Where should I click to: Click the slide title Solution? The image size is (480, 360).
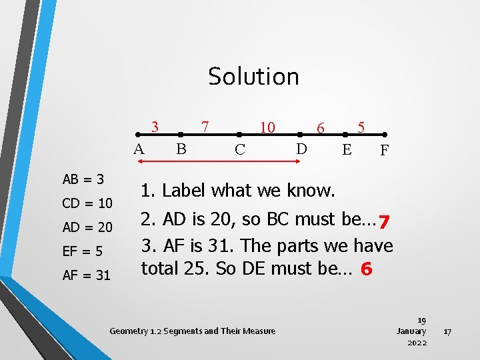(x=253, y=77)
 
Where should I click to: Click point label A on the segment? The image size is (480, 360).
(x=139, y=149)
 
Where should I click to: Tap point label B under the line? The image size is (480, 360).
(x=181, y=149)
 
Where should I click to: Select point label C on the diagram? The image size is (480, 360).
(x=240, y=150)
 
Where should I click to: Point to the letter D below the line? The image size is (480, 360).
(x=301, y=149)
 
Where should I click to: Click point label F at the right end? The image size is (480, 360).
(x=385, y=151)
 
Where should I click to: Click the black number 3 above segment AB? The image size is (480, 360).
(x=155, y=126)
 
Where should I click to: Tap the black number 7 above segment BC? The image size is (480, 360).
(x=206, y=126)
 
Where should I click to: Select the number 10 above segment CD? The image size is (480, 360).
(x=267, y=127)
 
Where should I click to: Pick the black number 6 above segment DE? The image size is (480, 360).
(x=321, y=127)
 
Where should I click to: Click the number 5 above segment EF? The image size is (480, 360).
(x=361, y=126)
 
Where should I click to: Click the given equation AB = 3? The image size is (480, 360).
(x=83, y=179)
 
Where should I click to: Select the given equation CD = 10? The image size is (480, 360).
(x=87, y=203)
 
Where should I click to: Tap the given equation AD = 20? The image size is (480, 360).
(x=87, y=227)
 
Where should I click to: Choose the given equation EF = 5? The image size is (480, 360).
(x=83, y=251)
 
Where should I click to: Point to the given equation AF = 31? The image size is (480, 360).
(x=87, y=275)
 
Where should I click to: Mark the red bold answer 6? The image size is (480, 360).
(x=365, y=270)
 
